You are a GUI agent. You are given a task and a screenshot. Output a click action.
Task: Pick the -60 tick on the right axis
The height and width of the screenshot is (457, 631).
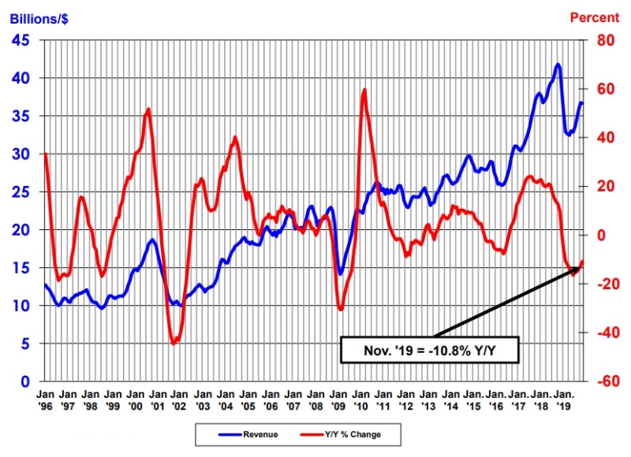603,382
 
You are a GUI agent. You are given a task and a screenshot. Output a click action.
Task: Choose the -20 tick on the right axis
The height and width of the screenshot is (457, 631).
603,284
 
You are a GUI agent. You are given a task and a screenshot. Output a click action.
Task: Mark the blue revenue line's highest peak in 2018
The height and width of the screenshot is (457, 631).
558,65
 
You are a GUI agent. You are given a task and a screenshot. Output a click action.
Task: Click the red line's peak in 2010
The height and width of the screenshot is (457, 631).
364,90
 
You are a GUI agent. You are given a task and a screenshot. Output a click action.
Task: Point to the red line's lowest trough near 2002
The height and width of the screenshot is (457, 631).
174,343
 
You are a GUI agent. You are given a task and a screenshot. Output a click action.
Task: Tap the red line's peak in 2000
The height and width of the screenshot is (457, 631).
148,109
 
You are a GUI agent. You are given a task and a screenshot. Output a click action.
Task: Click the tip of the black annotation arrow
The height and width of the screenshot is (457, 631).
582,264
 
